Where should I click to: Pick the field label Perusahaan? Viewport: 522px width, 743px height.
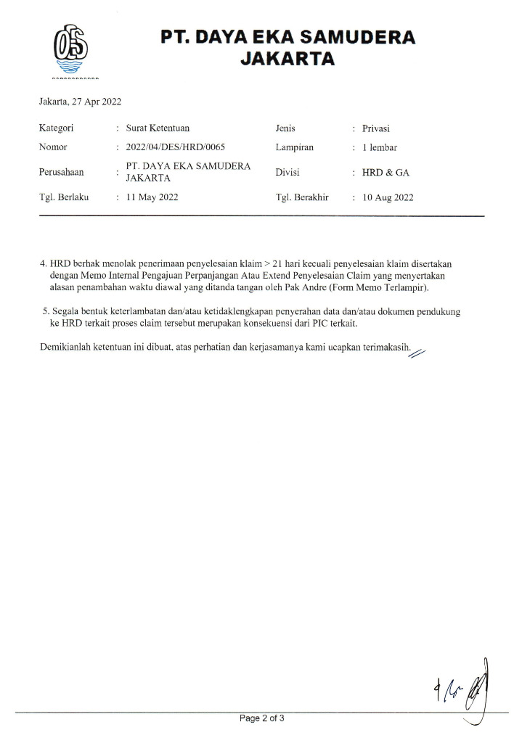click(x=61, y=173)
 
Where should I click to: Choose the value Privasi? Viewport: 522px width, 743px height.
click(x=377, y=128)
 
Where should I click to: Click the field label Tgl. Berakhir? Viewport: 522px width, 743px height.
click(x=302, y=197)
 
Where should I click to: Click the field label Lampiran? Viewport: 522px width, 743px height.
click(x=294, y=147)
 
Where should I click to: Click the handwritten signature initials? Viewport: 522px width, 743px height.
click(x=464, y=686)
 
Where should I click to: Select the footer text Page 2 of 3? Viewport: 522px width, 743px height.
click(x=262, y=719)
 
